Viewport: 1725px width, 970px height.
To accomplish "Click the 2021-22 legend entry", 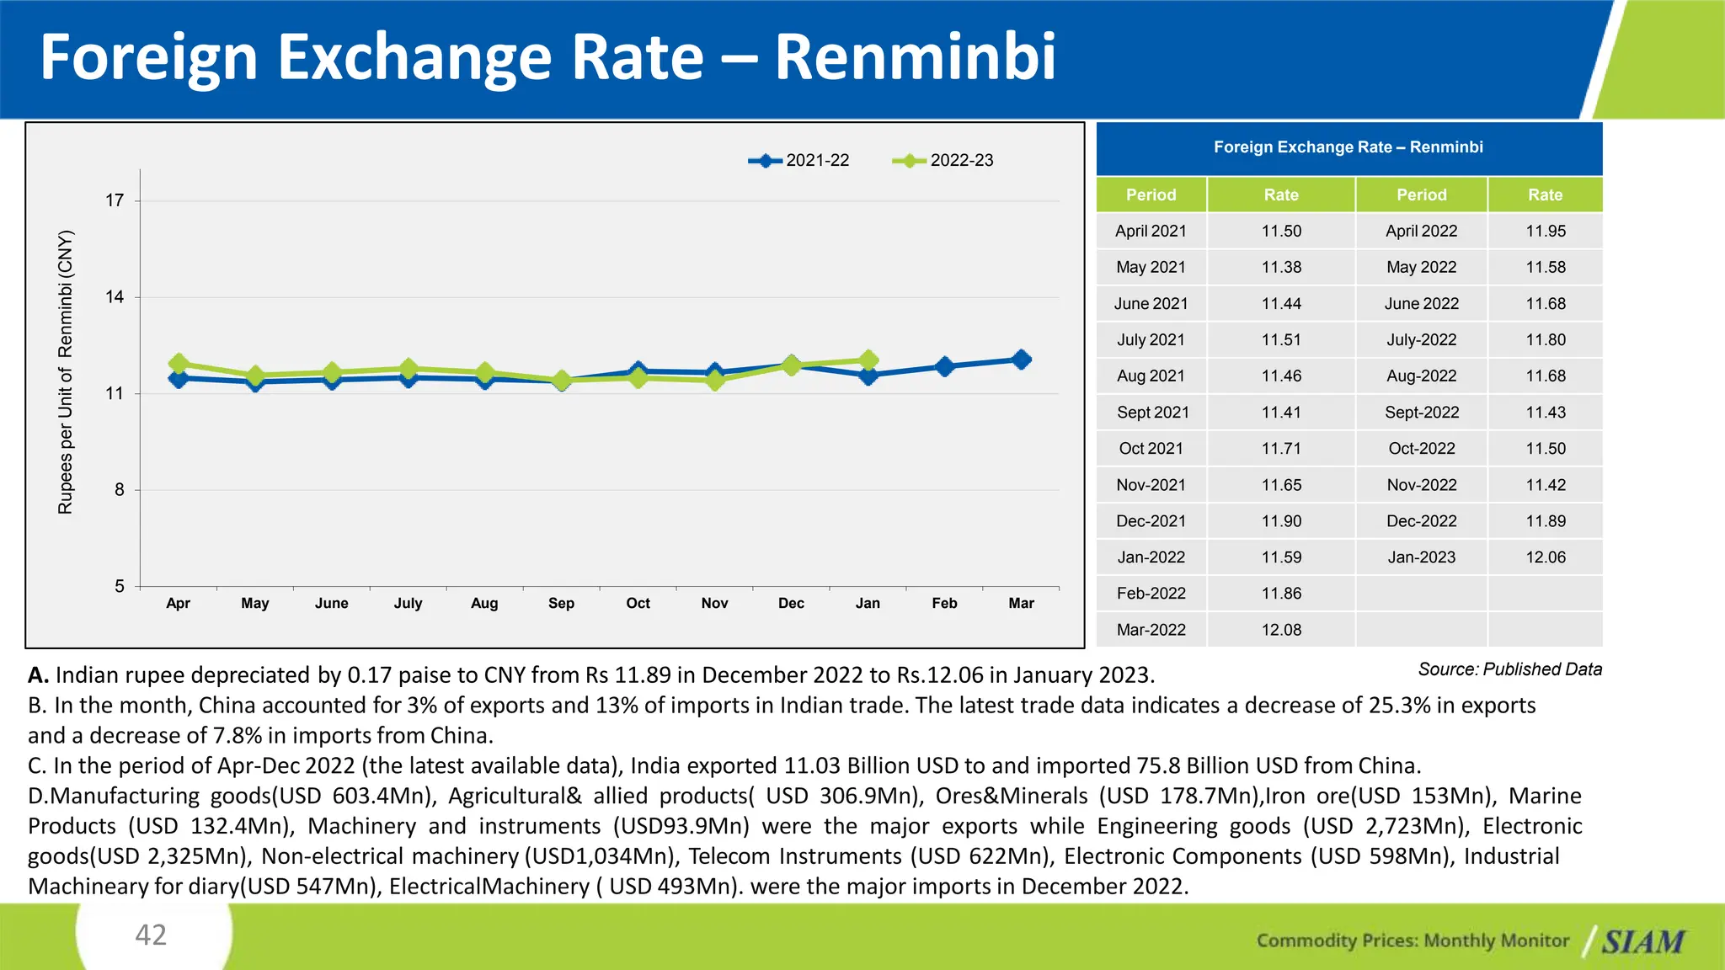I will click(799, 160).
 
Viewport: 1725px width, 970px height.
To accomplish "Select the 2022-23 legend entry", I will click(943, 160).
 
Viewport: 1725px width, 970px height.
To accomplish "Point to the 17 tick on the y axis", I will click(115, 200).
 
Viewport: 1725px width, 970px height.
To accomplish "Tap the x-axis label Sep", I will click(561, 603).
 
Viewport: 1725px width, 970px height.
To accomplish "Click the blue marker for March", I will click(1021, 360).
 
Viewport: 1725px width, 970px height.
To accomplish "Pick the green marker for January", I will click(868, 360).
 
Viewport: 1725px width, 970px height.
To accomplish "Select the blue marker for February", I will click(944, 366).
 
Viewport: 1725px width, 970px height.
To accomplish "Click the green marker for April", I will click(178, 364).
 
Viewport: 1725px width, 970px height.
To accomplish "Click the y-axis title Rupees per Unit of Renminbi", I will click(66, 371).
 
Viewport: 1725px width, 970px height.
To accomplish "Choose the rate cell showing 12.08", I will click(1280, 630).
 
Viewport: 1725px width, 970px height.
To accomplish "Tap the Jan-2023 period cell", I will click(1421, 557).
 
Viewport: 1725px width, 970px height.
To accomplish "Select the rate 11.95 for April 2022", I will click(1545, 231).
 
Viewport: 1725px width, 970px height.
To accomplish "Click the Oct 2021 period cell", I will click(1151, 449).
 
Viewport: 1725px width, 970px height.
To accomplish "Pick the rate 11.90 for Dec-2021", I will click(1280, 521).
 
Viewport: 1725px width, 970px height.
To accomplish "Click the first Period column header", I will click(1151, 195).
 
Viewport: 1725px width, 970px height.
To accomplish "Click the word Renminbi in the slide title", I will click(914, 57).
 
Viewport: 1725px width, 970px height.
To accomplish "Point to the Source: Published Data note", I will click(1509, 669).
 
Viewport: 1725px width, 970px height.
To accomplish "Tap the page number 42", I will click(152, 935).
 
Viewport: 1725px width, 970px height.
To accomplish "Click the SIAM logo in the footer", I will click(1642, 941).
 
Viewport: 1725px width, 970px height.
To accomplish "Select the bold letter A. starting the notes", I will click(38, 675).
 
